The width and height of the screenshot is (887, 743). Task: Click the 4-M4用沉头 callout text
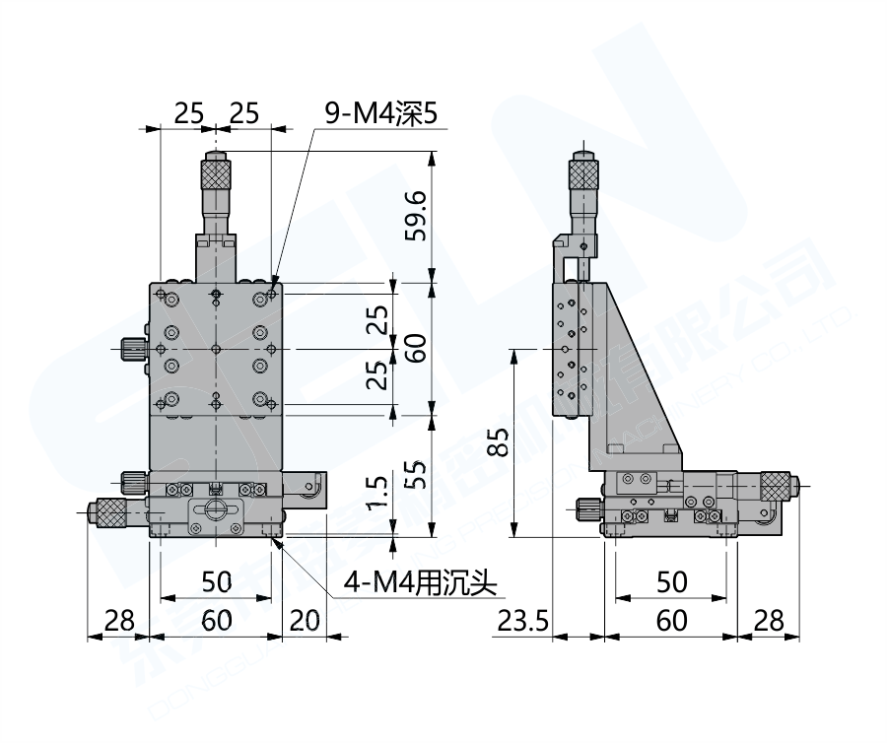[x=418, y=584]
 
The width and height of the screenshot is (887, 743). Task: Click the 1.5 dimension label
[x=375, y=490]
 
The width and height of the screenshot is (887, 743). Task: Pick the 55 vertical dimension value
[x=415, y=477]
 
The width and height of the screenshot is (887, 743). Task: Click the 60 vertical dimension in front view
[x=415, y=348]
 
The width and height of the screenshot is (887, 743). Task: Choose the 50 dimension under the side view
[x=670, y=582]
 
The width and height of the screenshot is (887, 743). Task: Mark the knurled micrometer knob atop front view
[x=216, y=174]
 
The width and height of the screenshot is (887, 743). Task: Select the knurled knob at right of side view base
[x=776, y=486]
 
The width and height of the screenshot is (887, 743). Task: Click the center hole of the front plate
[x=216, y=349]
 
